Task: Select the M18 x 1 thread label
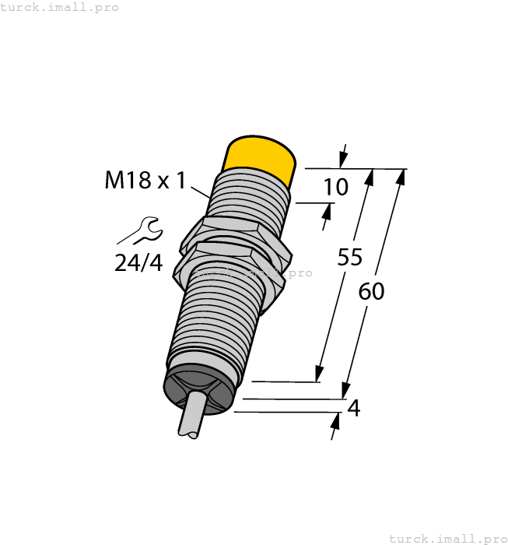(145, 181)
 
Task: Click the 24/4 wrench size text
(138, 263)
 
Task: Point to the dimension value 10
(335, 187)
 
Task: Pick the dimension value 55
(350, 258)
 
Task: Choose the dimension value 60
(371, 291)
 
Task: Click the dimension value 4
(353, 408)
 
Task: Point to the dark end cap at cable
(199, 388)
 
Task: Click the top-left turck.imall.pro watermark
(60, 7)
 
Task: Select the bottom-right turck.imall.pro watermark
(447, 538)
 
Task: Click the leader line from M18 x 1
(200, 189)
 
